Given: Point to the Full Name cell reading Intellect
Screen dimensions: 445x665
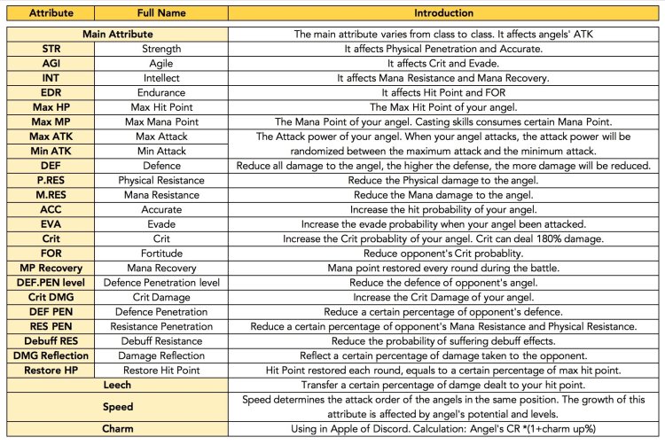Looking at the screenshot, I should click(160, 78).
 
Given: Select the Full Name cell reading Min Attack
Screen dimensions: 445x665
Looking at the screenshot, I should click(160, 152).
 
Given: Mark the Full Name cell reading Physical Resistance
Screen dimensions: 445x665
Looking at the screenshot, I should click(160, 181).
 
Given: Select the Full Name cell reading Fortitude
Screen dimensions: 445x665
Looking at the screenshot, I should click(160, 254).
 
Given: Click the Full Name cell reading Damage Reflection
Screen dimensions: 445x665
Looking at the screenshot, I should click(160, 355).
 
